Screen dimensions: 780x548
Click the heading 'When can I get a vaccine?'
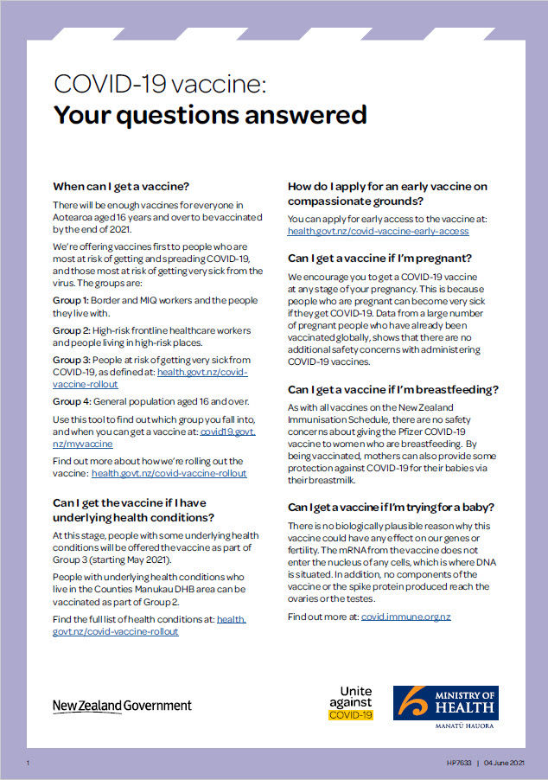121,186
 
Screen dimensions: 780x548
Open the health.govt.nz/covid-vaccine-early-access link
379,231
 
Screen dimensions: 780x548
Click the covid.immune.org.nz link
405,617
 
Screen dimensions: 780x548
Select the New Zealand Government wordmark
122,706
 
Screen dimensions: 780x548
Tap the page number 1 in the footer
29,763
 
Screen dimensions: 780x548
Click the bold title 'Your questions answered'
210,115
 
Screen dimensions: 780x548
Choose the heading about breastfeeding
392,389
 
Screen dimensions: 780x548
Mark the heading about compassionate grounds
387,194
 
